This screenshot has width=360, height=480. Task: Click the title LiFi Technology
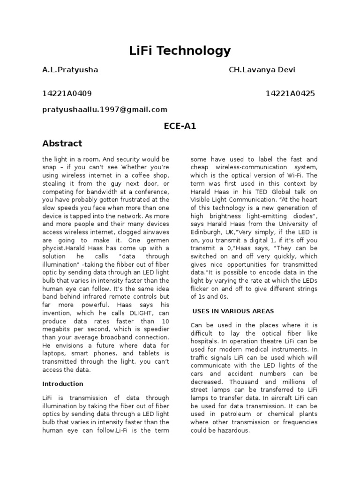[x=180, y=51]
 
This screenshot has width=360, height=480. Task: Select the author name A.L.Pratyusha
[x=70, y=70]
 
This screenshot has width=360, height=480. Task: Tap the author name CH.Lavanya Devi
[x=262, y=70]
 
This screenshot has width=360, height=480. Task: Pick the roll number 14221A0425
[x=290, y=93]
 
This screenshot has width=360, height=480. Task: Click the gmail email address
[x=105, y=109]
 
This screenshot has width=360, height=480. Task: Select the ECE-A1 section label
[x=180, y=126]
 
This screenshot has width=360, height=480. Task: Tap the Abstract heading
[x=62, y=143]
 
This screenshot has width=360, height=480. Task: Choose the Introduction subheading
[x=63, y=383]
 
